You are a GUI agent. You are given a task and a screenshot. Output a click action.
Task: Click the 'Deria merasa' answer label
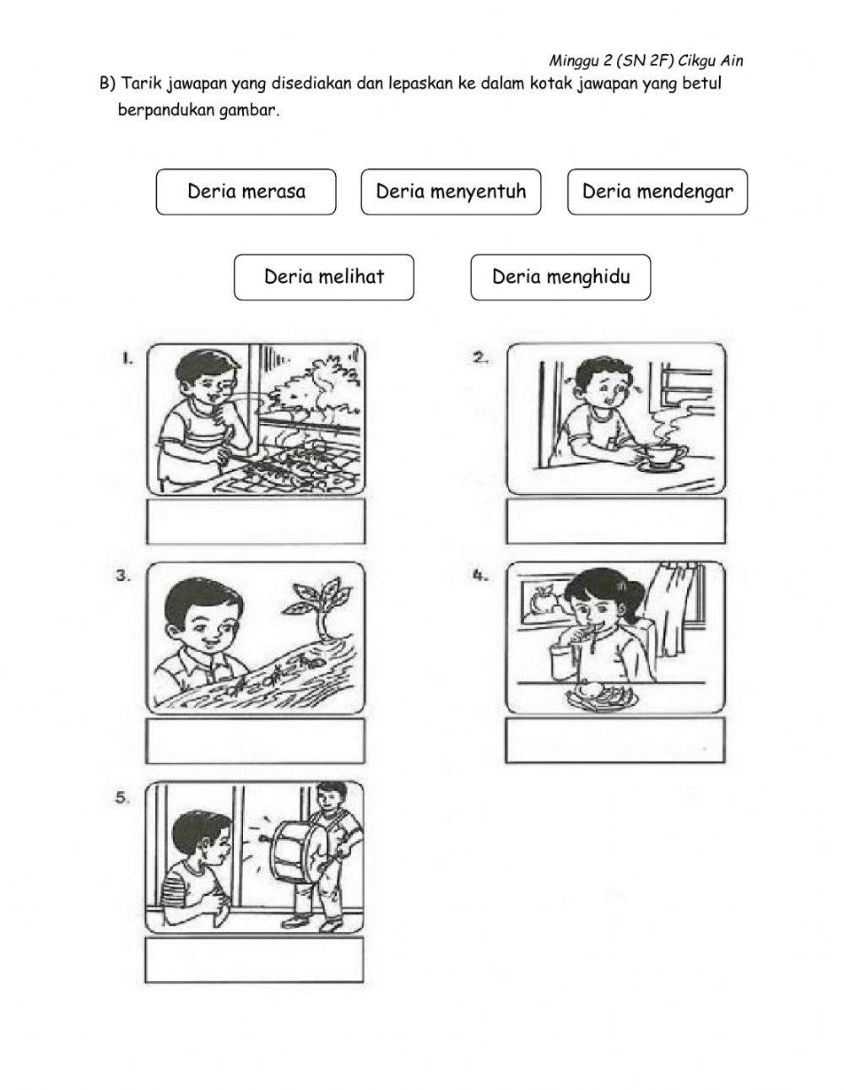point(246,192)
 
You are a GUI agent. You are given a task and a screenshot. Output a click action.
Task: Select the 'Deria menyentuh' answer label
point(451,192)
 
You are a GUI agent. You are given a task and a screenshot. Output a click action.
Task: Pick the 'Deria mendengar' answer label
point(657,192)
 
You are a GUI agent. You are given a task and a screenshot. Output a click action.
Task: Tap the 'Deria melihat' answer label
point(324,277)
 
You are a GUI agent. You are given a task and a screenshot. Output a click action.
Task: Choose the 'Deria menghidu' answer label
point(560,277)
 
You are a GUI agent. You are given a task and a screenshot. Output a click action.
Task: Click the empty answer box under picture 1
point(257,523)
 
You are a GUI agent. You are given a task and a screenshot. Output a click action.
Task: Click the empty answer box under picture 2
point(616,523)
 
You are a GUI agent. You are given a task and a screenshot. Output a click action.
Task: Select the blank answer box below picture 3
point(257,740)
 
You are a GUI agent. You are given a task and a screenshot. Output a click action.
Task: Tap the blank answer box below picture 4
point(616,740)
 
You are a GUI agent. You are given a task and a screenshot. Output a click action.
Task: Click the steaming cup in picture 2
point(663,455)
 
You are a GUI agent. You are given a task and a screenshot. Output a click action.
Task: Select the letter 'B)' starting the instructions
point(107,84)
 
